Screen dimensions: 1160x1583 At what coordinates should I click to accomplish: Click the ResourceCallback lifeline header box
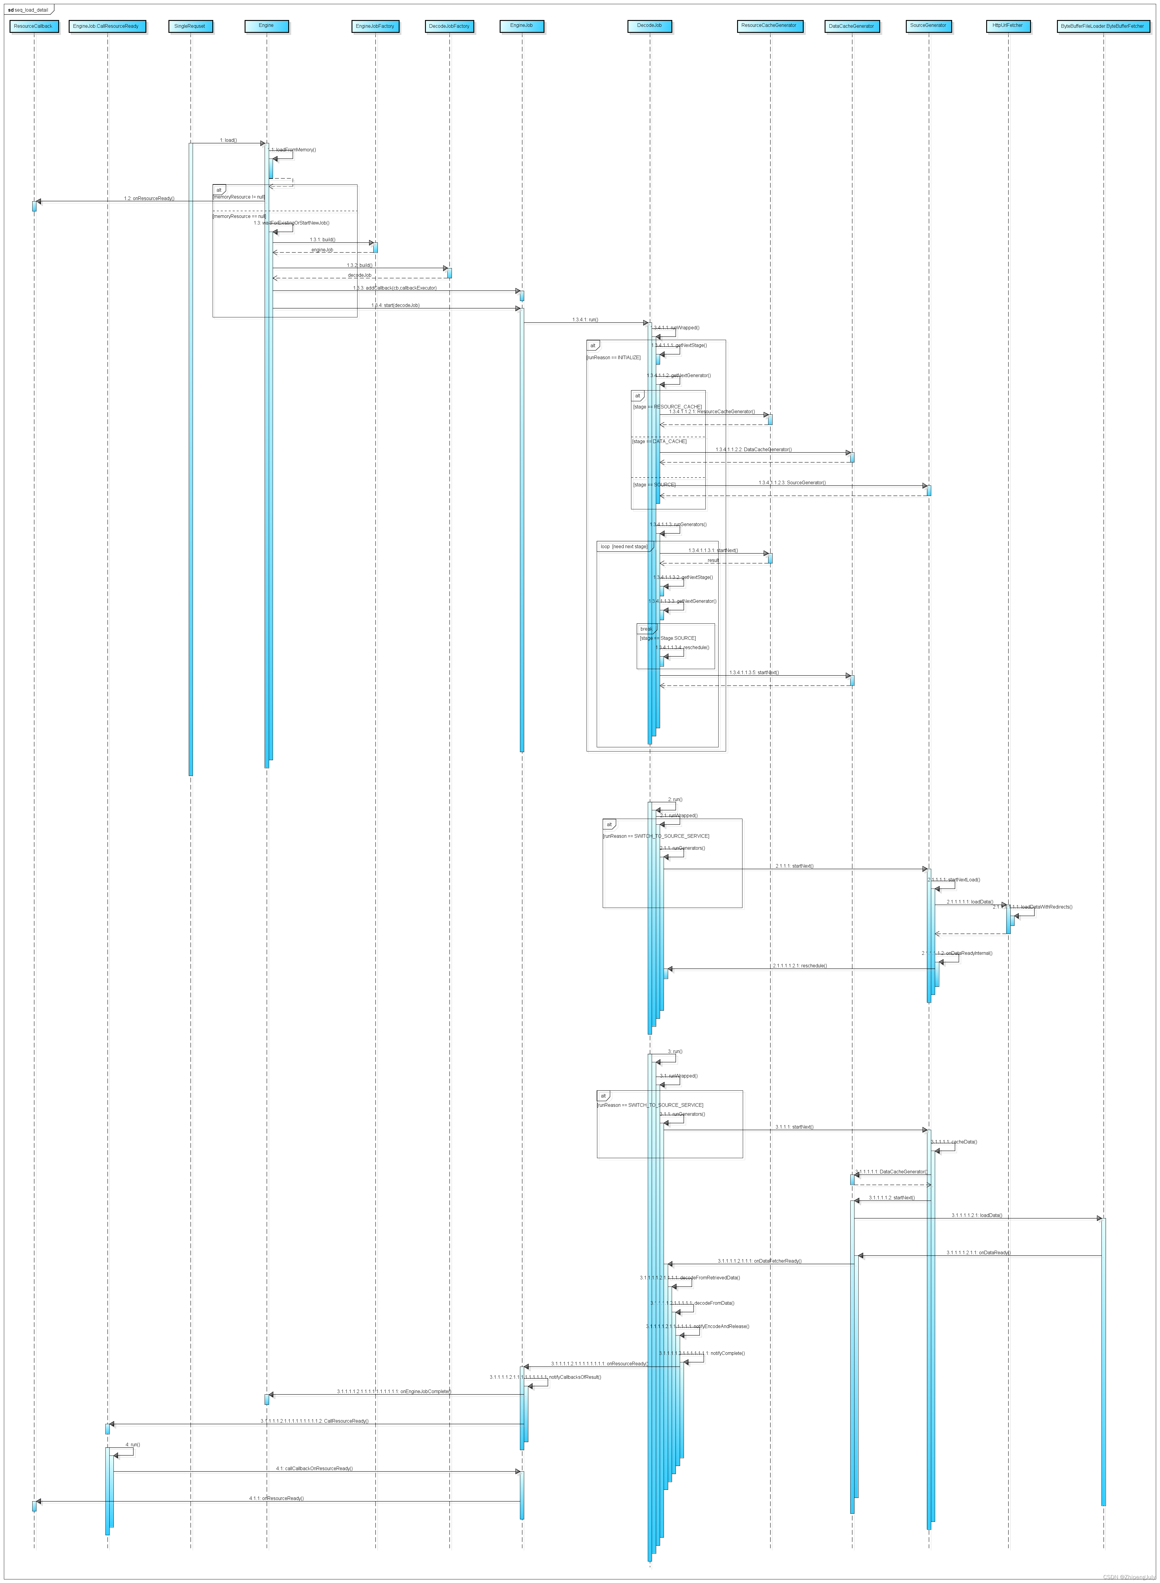point(33,26)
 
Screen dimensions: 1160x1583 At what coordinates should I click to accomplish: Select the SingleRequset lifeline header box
point(190,26)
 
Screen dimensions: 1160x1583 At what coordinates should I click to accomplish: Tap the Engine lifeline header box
point(266,26)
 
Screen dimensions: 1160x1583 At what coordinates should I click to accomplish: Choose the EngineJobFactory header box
point(375,26)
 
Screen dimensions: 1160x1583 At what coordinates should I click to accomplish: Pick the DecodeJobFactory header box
point(449,26)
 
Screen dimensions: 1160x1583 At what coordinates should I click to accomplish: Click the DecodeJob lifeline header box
point(650,26)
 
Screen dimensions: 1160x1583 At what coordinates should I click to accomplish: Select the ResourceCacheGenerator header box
point(770,26)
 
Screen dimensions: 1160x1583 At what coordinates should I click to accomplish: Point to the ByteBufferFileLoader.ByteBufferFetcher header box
point(1102,26)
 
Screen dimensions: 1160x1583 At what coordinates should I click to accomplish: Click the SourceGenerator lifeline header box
point(928,26)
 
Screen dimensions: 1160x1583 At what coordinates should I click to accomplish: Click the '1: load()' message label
point(228,140)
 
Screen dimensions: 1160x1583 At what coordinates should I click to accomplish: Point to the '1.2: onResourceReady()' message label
point(149,199)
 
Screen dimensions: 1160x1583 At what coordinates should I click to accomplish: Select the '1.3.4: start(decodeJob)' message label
point(395,305)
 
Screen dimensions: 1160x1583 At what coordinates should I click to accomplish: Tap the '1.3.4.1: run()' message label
point(585,320)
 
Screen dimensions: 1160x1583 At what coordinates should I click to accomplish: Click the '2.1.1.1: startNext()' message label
point(794,866)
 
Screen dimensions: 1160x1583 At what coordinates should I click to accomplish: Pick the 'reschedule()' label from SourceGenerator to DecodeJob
point(800,966)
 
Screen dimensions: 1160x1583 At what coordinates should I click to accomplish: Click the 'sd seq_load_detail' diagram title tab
point(29,10)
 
